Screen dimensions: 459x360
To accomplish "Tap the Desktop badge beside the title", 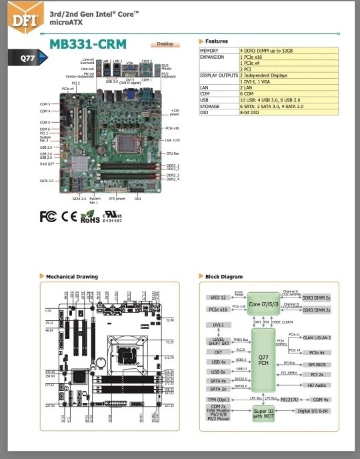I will pos(164,44).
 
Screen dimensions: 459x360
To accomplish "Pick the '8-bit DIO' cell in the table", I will pos(253,113).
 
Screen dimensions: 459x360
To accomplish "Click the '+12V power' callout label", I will pos(175,112).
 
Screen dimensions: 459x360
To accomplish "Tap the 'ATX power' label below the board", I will pos(117,198).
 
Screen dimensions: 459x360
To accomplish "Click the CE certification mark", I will pos(69,216).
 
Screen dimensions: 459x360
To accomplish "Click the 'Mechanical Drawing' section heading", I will pos(72,276).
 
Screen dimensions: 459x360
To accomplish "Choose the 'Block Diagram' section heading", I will pos(224,276).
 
